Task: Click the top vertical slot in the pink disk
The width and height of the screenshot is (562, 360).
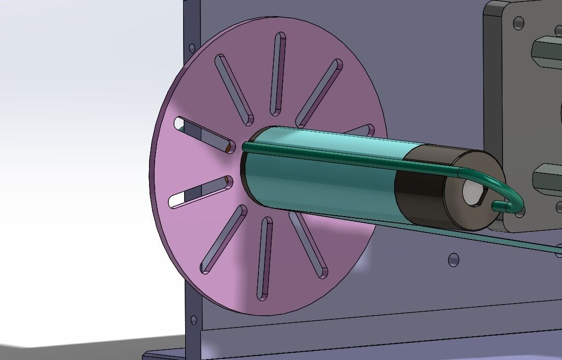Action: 279,74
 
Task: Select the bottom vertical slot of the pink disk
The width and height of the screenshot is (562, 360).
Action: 264,258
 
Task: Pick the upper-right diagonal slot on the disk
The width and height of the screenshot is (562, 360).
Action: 319,93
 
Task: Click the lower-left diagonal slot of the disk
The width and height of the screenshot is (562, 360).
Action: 224,239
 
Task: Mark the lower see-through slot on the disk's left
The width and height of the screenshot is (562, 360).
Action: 200,192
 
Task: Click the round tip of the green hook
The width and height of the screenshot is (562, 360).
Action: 496,206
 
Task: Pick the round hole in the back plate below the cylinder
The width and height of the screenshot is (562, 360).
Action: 454,260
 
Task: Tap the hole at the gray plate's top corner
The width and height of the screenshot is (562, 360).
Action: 518,23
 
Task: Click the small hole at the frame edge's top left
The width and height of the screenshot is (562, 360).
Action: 192,48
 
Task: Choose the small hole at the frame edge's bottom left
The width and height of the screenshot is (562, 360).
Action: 194,320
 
